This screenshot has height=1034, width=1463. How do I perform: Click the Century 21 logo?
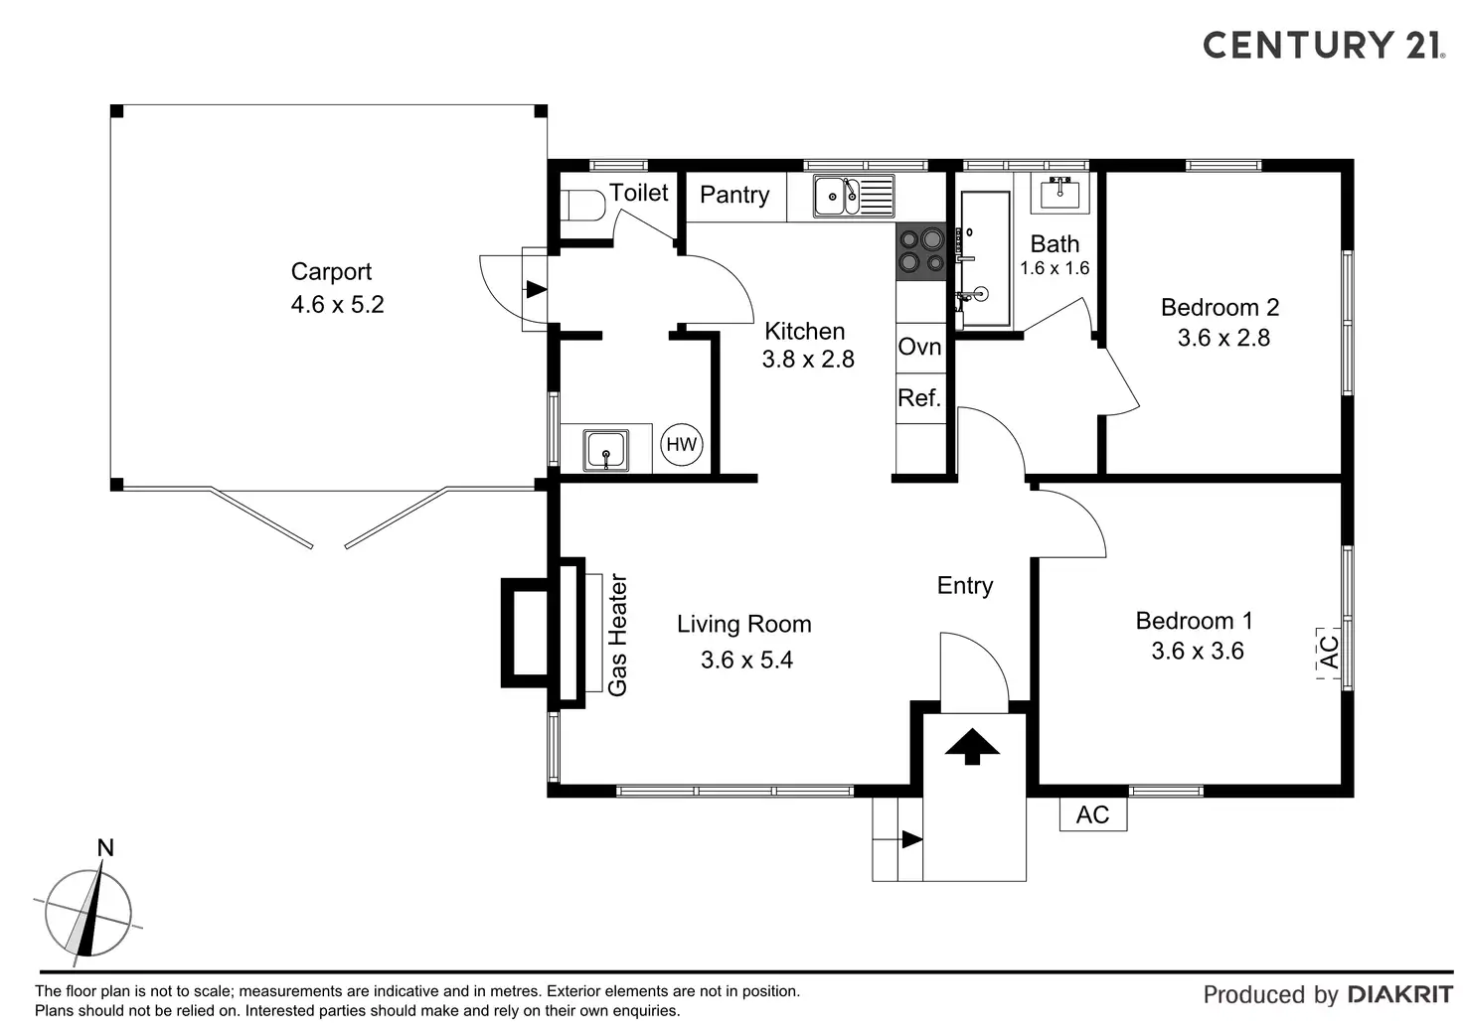click(1323, 45)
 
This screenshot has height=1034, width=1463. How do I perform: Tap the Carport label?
click(331, 271)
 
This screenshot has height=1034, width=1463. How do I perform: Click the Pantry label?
click(734, 195)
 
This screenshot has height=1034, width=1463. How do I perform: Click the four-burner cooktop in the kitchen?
click(920, 250)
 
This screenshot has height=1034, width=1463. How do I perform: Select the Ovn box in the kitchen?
click(919, 347)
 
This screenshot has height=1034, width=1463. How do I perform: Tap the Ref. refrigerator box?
click(919, 398)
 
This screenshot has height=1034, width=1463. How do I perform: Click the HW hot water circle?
click(682, 444)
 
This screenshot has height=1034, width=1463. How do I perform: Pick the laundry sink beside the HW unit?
click(605, 450)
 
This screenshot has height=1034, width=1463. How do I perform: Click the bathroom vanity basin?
click(1059, 192)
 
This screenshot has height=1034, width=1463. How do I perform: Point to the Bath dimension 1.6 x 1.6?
click(1055, 268)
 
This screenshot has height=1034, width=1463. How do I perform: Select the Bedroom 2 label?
click(1219, 307)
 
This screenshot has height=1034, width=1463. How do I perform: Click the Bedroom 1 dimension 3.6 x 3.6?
click(1198, 651)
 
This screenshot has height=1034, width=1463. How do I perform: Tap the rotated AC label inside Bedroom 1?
click(1329, 652)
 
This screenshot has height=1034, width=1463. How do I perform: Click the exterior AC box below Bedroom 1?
click(1092, 814)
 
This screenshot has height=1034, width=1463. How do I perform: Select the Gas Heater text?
click(618, 635)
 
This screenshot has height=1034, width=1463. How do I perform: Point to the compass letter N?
click(105, 847)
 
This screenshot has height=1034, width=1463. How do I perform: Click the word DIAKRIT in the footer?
click(1399, 994)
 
